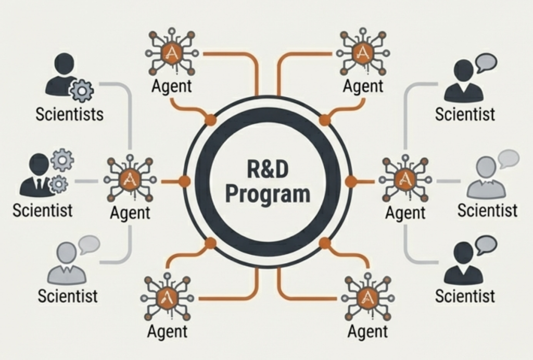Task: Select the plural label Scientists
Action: (x=69, y=114)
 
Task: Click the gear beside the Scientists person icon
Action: (x=82, y=90)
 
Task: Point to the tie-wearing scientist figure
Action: (x=37, y=177)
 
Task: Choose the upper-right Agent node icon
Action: (x=362, y=52)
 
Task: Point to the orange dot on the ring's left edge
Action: (x=184, y=181)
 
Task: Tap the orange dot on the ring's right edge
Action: (x=351, y=181)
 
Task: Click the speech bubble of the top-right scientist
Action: (x=486, y=63)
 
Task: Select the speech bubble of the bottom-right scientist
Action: (x=486, y=244)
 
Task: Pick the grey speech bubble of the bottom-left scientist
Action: (x=88, y=244)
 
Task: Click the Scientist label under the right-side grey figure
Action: (x=487, y=210)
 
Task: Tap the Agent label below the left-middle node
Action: (x=130, y=213)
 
